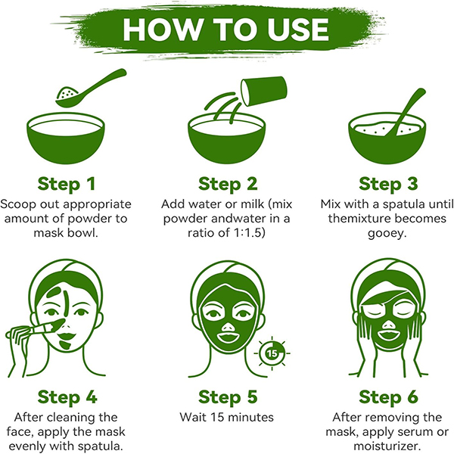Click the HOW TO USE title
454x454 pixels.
[x=225, y=30]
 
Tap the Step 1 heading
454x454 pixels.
[x=67, y=184]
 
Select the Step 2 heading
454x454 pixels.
[x=228, y=184]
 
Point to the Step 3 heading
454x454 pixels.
[x=388, y=184]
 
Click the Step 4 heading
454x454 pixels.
[x=67, y=397]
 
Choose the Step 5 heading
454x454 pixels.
[x=228, y=397]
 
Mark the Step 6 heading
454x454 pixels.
[x=388, y=397]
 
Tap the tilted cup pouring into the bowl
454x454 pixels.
[x=264, y=91]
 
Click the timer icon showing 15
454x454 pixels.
[x=272, y=353]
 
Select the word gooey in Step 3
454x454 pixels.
[x=387, y=233]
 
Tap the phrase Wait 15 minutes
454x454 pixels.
[x=226, y=417]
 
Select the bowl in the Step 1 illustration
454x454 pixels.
[x=66, y=138]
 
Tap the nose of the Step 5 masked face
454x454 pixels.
[x=228, y=328]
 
